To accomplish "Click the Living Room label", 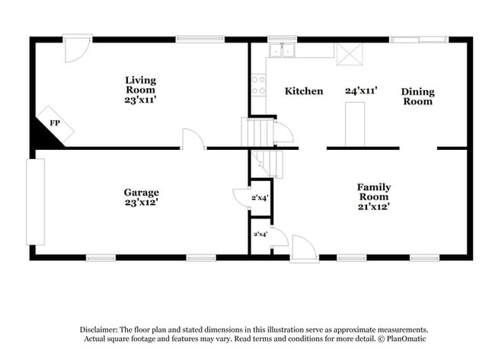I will tap(141, 84).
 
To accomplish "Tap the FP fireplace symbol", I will tap(55, 123).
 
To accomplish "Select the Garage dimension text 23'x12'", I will tap(141, 202).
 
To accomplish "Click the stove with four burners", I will tap(260, 84).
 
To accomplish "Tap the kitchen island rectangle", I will tap(355, 124).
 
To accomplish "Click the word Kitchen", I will tap(304, 91).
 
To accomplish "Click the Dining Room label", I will tap(417, 96).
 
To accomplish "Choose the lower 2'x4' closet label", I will tap(260, 234).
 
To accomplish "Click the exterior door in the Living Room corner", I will tap(76, 49).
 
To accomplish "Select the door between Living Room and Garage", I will tap(193, 139).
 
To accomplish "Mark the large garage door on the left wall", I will tap(36, 201).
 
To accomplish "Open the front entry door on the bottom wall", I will tap(303, 248).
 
